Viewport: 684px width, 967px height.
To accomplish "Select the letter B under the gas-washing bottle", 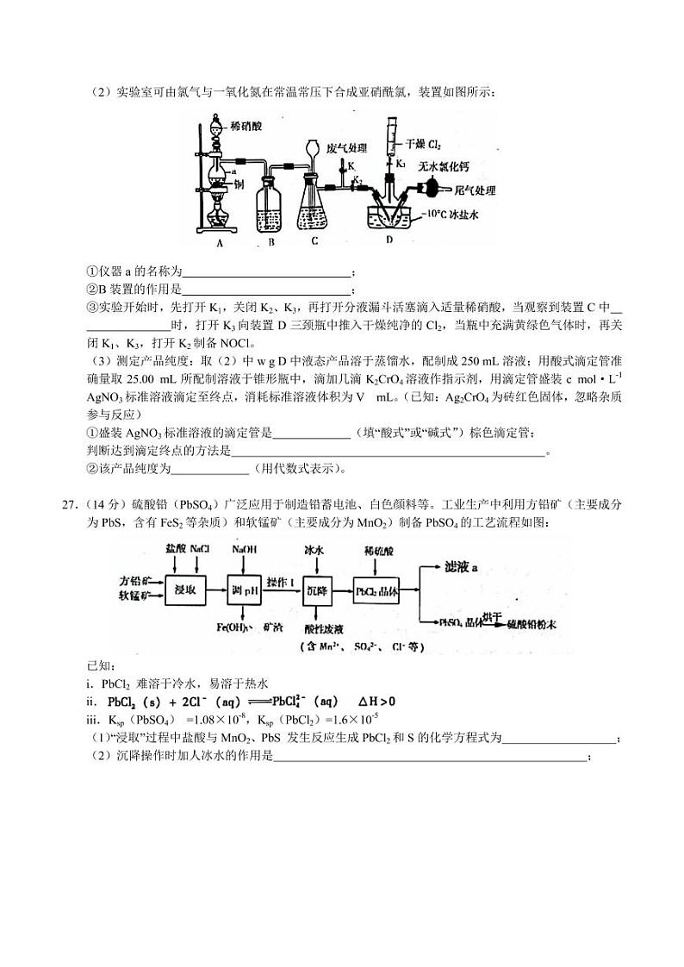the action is coord(270,242).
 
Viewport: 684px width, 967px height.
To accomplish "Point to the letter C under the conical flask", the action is coord(315,241).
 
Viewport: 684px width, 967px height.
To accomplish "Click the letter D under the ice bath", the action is coord(389,240).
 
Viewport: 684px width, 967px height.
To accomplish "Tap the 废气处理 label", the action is coord(347,147).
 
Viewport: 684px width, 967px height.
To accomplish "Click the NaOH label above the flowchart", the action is coord(244,549).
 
